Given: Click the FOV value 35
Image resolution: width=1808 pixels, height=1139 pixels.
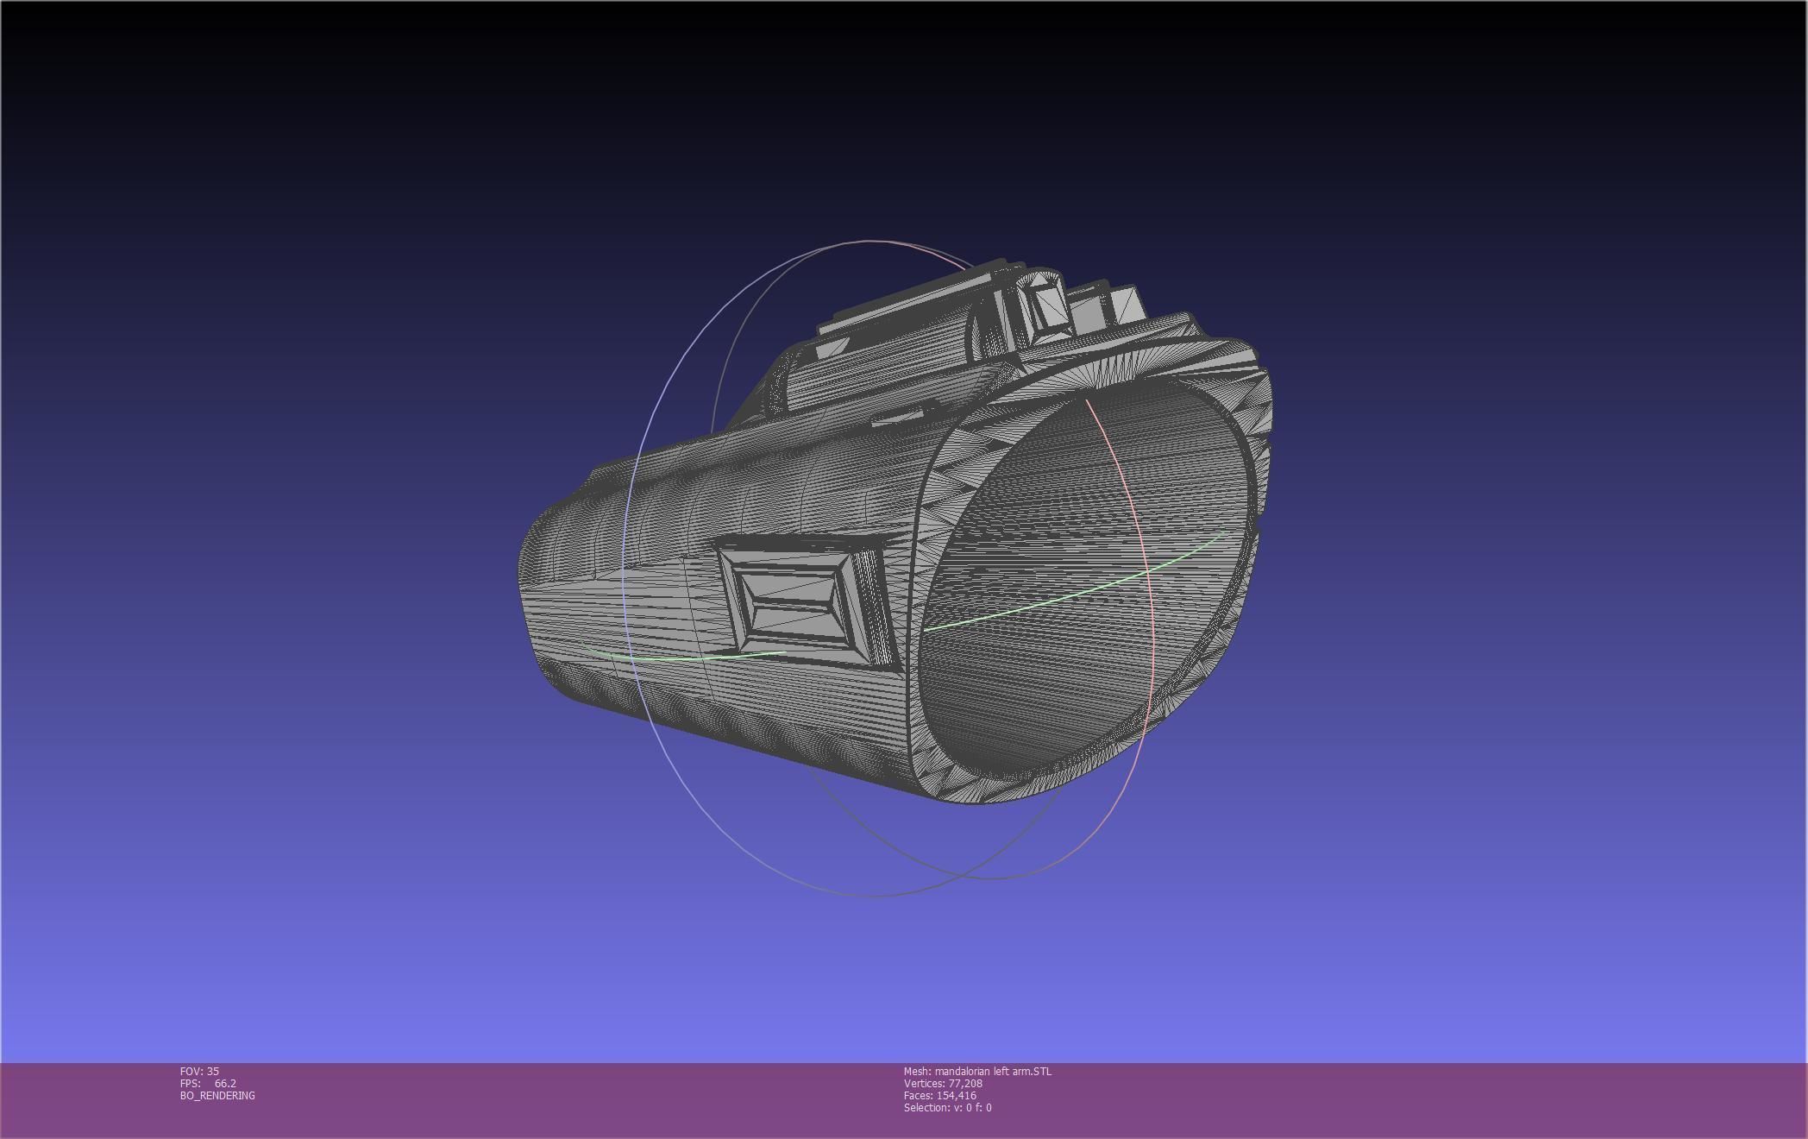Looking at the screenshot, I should (x=212, y=1071).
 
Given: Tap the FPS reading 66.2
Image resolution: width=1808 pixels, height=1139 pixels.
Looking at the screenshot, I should (x=225, y=1083).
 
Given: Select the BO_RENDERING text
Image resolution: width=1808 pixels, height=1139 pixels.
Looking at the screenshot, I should (x=217, y=1095).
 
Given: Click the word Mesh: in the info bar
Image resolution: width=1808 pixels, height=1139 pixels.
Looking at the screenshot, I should (x=917, y=1071).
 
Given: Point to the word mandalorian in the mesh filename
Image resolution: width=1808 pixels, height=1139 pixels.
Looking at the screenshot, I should (x=962, y=1071).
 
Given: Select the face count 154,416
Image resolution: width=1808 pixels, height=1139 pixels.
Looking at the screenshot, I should (x=956, y=1095).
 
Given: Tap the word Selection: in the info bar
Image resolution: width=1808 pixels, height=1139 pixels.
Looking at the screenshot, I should (x=926, y=1107).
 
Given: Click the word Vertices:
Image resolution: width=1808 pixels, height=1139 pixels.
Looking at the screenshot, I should (x=924, y=1083).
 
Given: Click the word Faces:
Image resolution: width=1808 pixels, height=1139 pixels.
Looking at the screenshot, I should (x=918, y=1095).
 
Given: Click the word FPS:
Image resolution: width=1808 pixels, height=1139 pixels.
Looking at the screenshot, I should (x=190, y=1083).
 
